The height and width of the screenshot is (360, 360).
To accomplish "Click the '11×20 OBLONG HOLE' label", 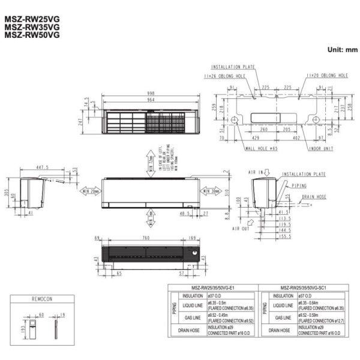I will (327, 76).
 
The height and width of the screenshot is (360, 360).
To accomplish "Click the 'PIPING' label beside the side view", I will (302, 185).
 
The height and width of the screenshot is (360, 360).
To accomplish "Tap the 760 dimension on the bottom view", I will (142, 239).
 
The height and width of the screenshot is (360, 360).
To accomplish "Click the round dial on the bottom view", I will (193, 256).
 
